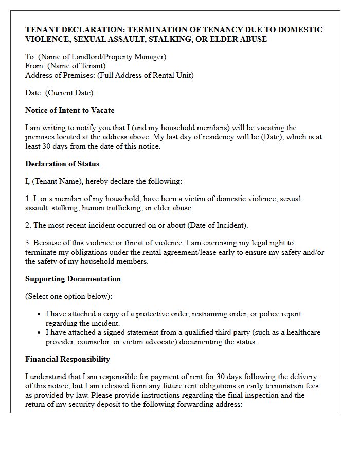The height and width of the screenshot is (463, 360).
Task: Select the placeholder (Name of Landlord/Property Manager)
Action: point(101,57)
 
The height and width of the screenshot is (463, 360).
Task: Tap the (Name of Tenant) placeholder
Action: point(76,66)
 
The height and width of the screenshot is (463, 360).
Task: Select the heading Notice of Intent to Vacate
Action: point(70,110)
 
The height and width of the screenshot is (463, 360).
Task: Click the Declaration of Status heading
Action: point(62,164)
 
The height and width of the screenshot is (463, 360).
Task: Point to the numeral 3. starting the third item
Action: point(28,243)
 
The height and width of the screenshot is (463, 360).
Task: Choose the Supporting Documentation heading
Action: point(73,279)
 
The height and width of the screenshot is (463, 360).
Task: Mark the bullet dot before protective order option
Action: point(40,314)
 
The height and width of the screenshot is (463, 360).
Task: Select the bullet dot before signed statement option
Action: point(40,333)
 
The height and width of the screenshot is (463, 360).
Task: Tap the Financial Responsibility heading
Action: point(67,359)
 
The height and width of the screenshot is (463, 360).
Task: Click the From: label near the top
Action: point(35,66)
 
